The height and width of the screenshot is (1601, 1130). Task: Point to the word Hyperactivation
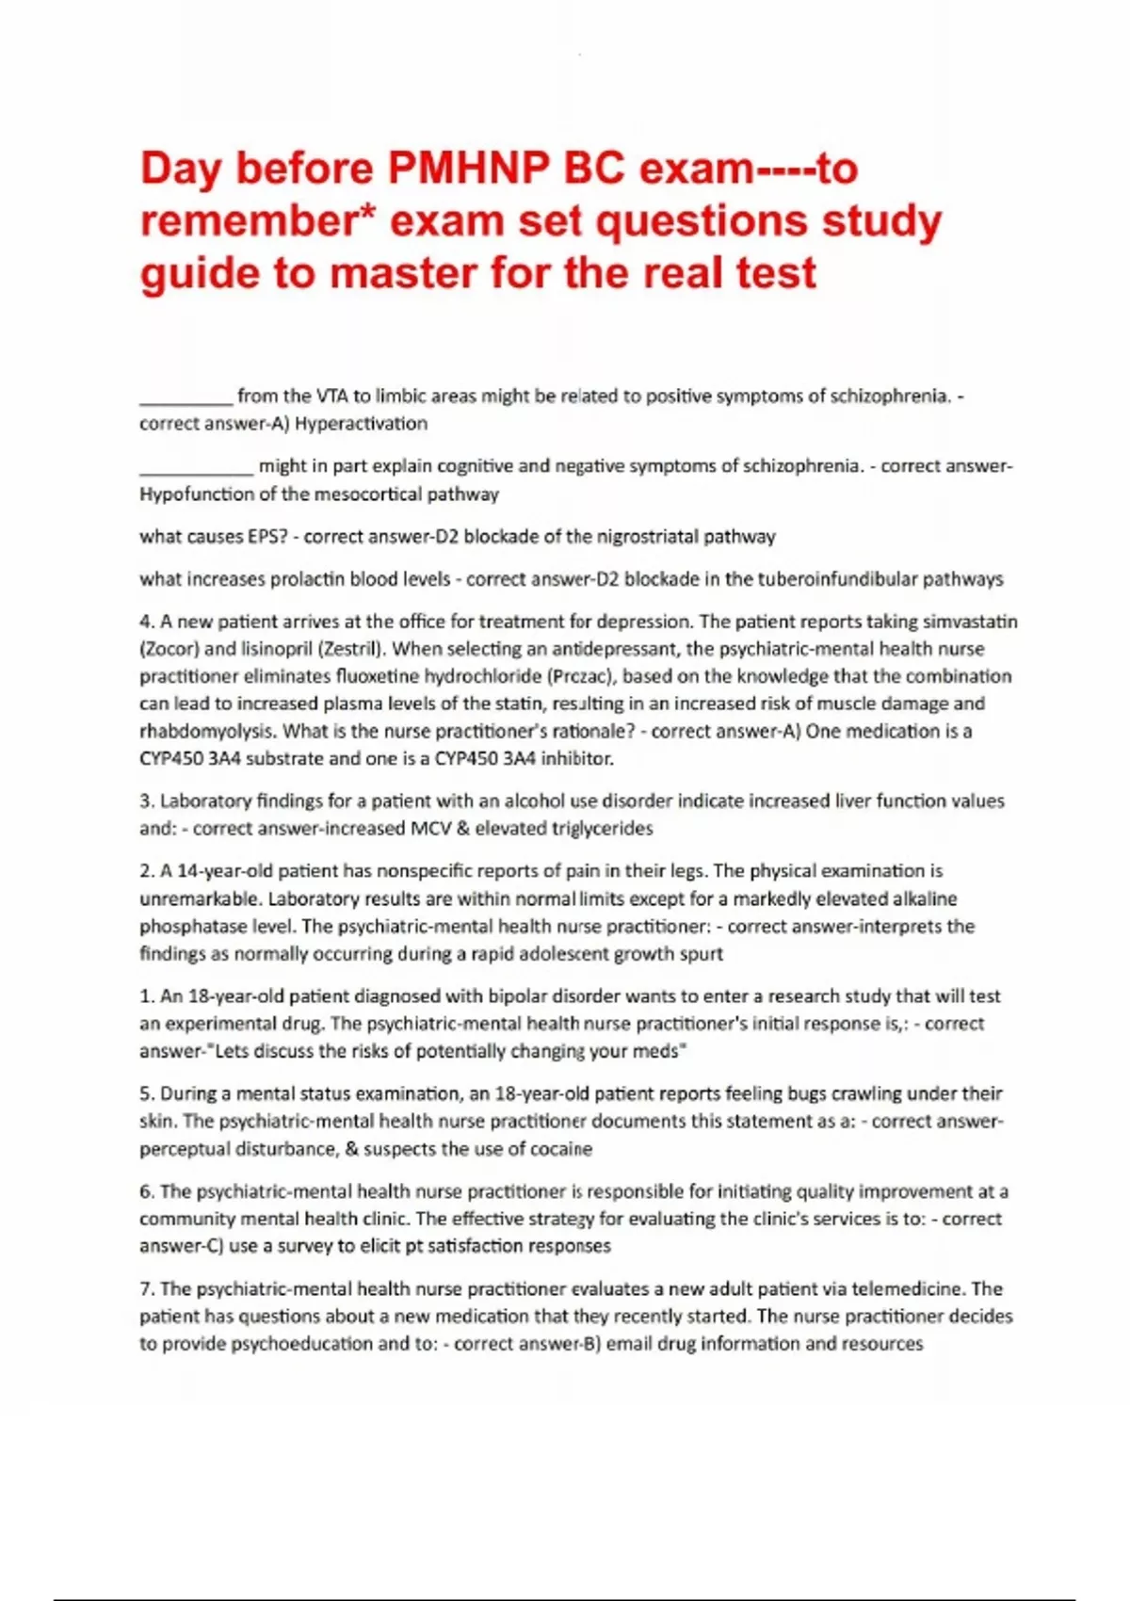(x=362, y=424)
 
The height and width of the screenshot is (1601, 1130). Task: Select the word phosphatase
(x=186, y=927)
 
